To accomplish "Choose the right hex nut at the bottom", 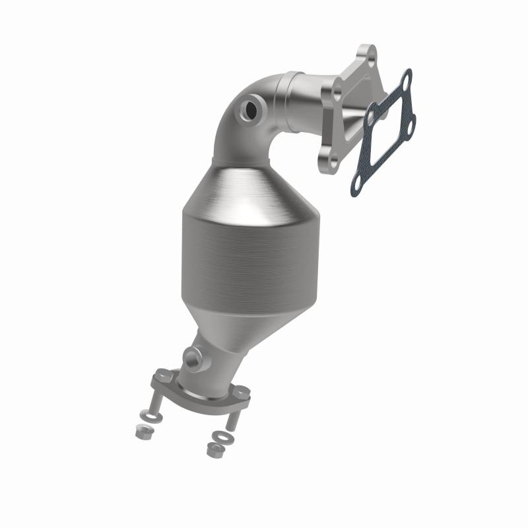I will click(x=213, y=450).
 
